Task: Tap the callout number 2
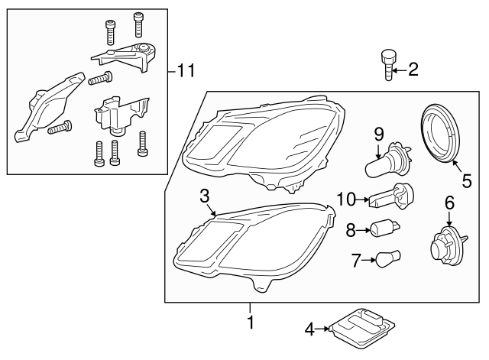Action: click(x=413, y=70)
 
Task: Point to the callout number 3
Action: click(x=204, y=195)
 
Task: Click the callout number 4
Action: click(x=310, y=330)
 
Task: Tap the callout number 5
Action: click(x=468, y=183)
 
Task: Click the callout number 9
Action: click(x=378, y=134)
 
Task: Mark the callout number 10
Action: click(x=345, y=200)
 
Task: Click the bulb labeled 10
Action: click(x=390, y=200)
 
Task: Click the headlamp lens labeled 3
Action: click(x=252, y=245)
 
